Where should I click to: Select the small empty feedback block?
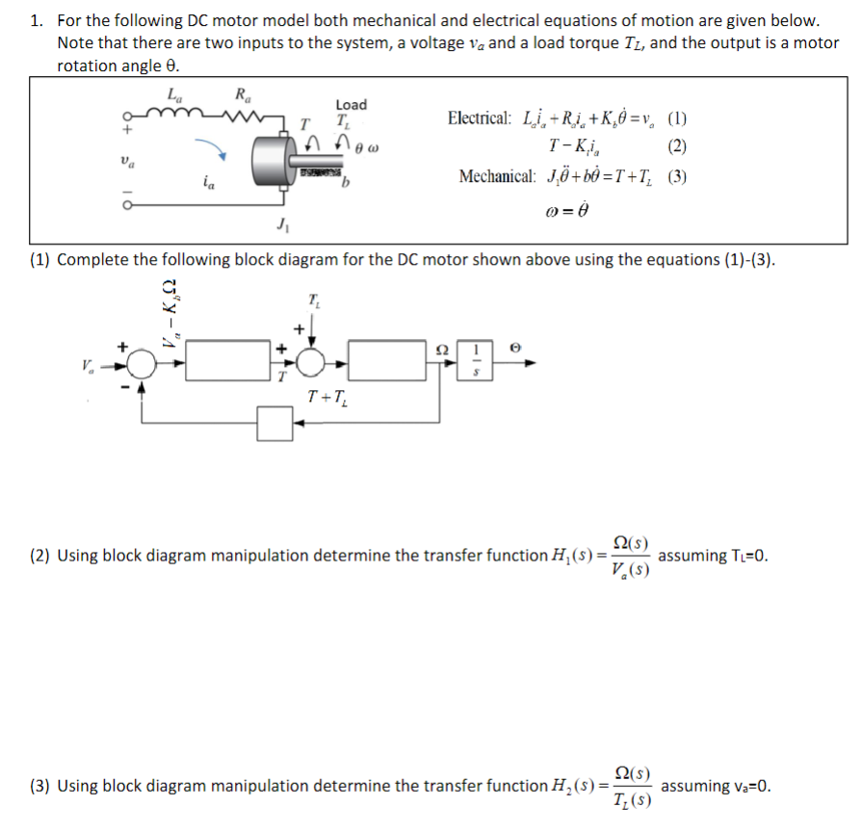pos(275,422)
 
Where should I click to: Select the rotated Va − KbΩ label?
pos(170,313)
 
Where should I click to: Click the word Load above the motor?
pos(351,104)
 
